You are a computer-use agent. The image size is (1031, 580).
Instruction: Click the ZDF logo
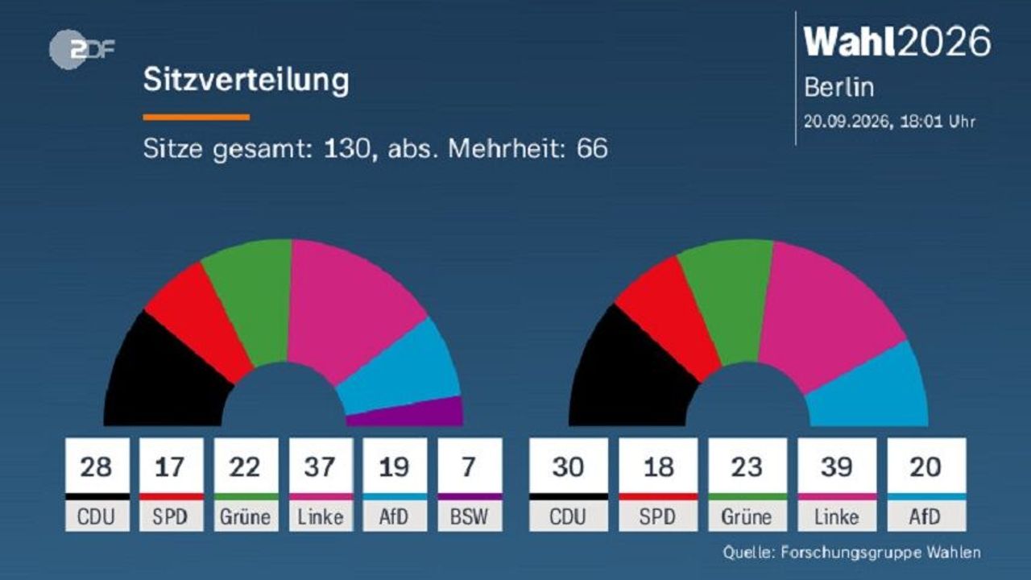(81, 49)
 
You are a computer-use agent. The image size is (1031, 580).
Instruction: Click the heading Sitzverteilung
(246, 80)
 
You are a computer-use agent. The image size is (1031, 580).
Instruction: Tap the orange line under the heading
(197, 118)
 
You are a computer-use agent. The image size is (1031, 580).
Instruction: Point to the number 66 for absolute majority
(592, 148)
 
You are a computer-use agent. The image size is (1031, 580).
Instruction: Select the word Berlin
(838, 87)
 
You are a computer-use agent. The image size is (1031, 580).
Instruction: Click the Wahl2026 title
(897, 41)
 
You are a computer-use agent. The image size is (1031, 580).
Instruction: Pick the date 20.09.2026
(846, 122)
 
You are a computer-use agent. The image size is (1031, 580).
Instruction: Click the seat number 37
(320, 466)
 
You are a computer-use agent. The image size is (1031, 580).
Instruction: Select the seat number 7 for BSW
(469, 466)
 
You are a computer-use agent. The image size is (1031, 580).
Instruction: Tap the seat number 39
(837, 466)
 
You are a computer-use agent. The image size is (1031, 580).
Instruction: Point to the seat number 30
(568, 466)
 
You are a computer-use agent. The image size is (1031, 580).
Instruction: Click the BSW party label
(469, 516)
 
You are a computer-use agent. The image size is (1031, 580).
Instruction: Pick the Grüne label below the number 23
(747, 517)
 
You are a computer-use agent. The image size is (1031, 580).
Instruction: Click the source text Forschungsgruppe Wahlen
(880, 553)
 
